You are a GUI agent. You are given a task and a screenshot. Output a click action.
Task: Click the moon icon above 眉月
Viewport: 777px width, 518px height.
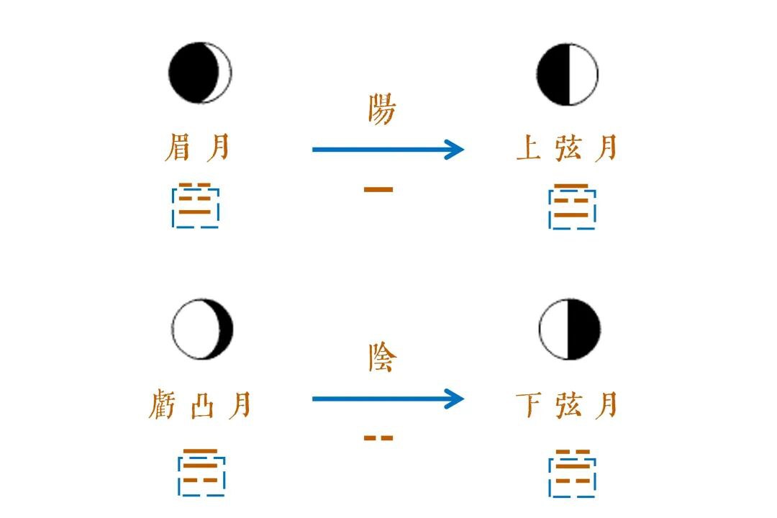(x=200, y=73)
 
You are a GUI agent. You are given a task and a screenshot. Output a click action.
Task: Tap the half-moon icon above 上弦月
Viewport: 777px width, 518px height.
(x=568, y=74)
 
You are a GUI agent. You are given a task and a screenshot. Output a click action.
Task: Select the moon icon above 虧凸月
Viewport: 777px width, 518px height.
(x=203, y=329)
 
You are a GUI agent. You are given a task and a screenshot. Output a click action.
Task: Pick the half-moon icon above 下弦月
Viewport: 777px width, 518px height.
(x=569, y=330)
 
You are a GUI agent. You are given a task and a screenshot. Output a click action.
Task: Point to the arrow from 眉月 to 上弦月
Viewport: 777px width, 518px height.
(x=388, y=150)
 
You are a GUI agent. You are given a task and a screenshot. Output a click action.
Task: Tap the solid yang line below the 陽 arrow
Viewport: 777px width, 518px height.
(x=378, y=190)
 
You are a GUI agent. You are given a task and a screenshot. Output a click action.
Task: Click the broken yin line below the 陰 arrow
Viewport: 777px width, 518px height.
(x=378, y=437)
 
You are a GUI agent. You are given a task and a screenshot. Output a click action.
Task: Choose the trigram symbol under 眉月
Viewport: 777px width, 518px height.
(x=196, y=205)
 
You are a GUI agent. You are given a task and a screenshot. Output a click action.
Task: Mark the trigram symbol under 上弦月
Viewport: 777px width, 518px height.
(x=572, y=206)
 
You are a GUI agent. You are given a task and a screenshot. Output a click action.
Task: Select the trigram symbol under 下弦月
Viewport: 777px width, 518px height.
(x=572, y=473)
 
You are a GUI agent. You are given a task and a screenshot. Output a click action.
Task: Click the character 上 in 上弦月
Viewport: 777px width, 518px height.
(x=528, y=149)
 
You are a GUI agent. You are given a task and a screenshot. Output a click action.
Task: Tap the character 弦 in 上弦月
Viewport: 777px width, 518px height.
(x=568, y=149)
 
